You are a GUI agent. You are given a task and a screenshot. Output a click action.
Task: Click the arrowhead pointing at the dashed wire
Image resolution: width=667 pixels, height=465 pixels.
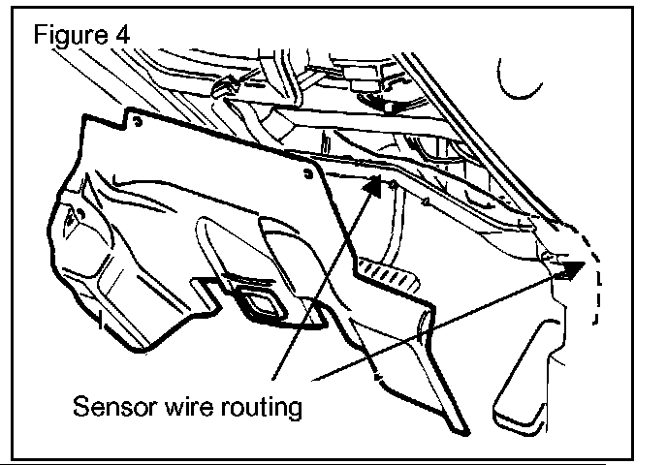[573, 269]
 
